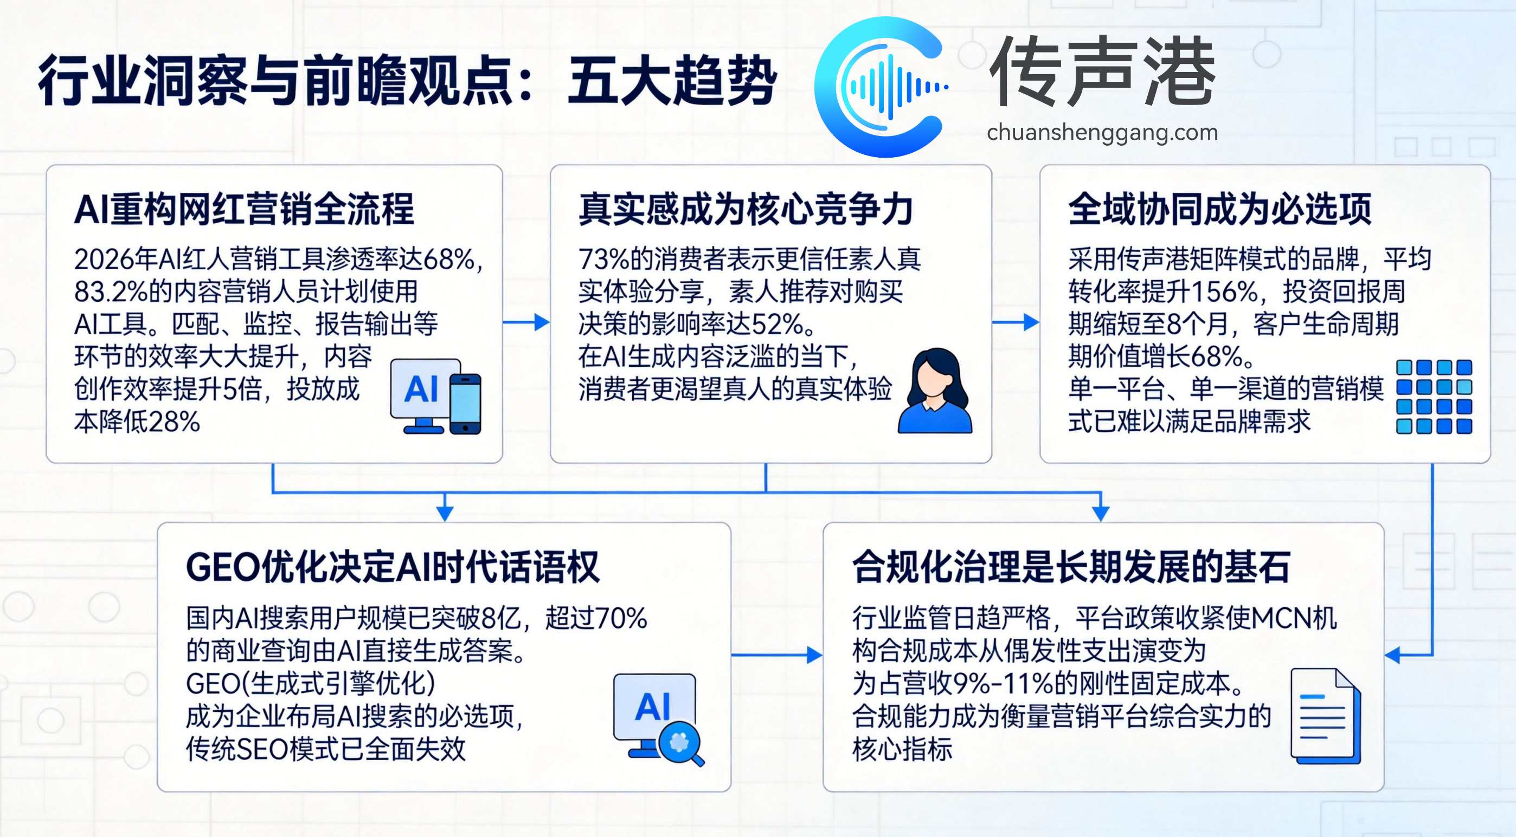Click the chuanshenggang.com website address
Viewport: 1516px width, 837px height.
1102,133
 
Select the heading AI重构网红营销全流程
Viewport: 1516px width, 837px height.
244,210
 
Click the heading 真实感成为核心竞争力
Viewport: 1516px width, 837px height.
745,210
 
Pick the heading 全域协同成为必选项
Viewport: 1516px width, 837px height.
1219,210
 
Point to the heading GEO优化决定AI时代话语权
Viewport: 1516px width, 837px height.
393,567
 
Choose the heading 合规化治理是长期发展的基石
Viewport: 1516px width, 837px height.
1071,567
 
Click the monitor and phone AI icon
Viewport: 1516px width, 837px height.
435,397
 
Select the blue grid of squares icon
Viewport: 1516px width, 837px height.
1434,397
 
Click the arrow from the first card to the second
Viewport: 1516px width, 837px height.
526,322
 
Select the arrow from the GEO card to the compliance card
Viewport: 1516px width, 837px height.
777,654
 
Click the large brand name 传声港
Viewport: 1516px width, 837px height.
1102,72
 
